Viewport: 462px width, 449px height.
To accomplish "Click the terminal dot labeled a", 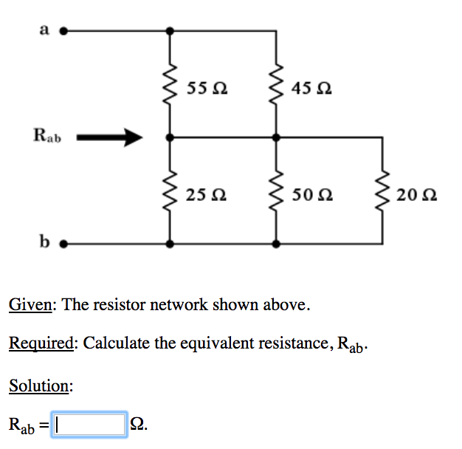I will [x=63, y=32].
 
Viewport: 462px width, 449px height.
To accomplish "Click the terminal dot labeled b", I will [x=63, y=243].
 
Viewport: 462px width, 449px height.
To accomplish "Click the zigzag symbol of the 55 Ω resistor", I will [x=170, y=84].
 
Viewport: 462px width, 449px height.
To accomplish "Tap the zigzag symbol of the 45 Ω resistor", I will [x=277, y=84].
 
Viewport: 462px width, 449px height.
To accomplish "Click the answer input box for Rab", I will [x=89, y=424].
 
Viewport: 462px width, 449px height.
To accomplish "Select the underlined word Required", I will [x=41, y=343].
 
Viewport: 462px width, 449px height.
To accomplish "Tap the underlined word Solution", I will [x=41, y=385].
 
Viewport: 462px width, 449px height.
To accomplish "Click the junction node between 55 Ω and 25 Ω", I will [x=170, y=137].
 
